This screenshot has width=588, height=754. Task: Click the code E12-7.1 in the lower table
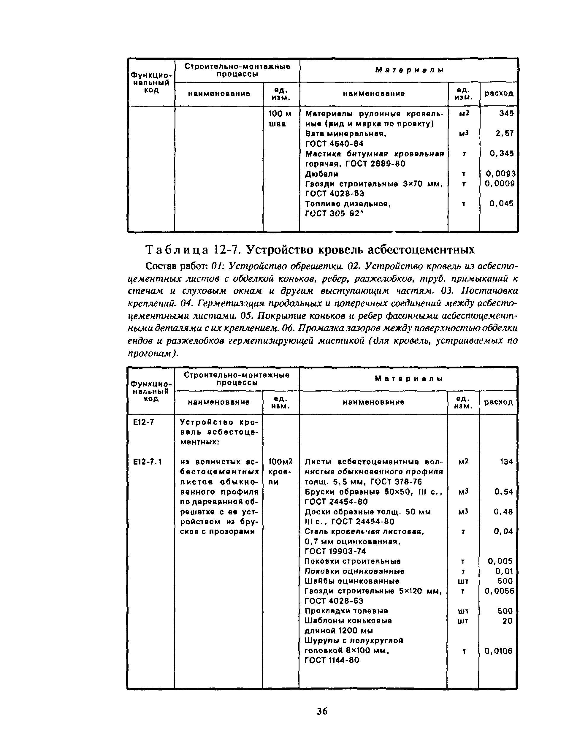(x=148, y=462)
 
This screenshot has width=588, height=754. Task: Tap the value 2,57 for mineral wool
(x=504, y=134)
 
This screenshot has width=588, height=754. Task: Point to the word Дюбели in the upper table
(x=321, y=174)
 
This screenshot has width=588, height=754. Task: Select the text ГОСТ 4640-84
(x=334, y=144)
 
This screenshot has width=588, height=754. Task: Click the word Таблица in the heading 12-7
(x=177, y=250)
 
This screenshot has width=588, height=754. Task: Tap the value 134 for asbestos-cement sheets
(x=506, y=462)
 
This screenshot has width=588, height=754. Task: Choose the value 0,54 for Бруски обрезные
(x=503, y=492)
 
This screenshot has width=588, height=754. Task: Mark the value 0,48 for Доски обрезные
(x=503, y=512)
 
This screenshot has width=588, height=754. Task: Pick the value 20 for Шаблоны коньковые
(x=507, y=621)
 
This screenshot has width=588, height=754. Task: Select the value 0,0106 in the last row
(x=499, y=651)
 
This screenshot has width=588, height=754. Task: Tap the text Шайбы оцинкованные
(x=352, y=581)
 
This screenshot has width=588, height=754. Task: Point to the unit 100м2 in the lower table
(x=280, y=462)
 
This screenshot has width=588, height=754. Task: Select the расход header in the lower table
(x=498, y=402)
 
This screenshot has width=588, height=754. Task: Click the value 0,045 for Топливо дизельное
(x=501, y=204)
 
